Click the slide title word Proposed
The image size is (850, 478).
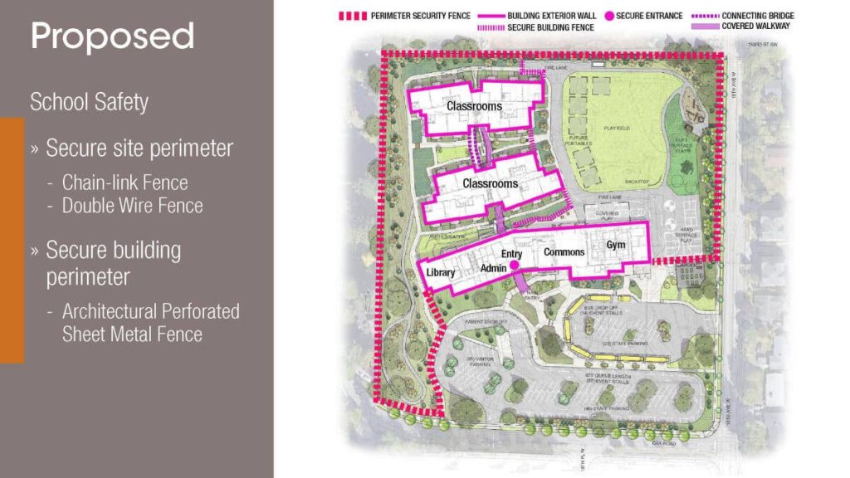(x=112, y=37)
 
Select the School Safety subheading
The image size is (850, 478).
(x=89, y=102)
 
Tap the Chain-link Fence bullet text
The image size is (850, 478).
(x=125, y=183)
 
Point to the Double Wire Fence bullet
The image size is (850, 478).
(x=132, y=205)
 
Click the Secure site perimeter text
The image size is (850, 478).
(x=139, y=149)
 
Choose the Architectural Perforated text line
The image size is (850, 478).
(x=150, y=311)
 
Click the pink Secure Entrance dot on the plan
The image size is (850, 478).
(x=515, y=265)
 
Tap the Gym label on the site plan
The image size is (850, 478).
(x=616, y=246)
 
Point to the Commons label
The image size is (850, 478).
(x=564, y=252)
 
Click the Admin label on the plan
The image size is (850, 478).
(x=494, y=269)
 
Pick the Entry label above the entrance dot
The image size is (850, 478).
(x=511, y=252)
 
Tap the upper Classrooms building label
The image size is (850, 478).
(x=474, y=106)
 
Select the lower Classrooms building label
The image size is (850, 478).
(x=490, y=183)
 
